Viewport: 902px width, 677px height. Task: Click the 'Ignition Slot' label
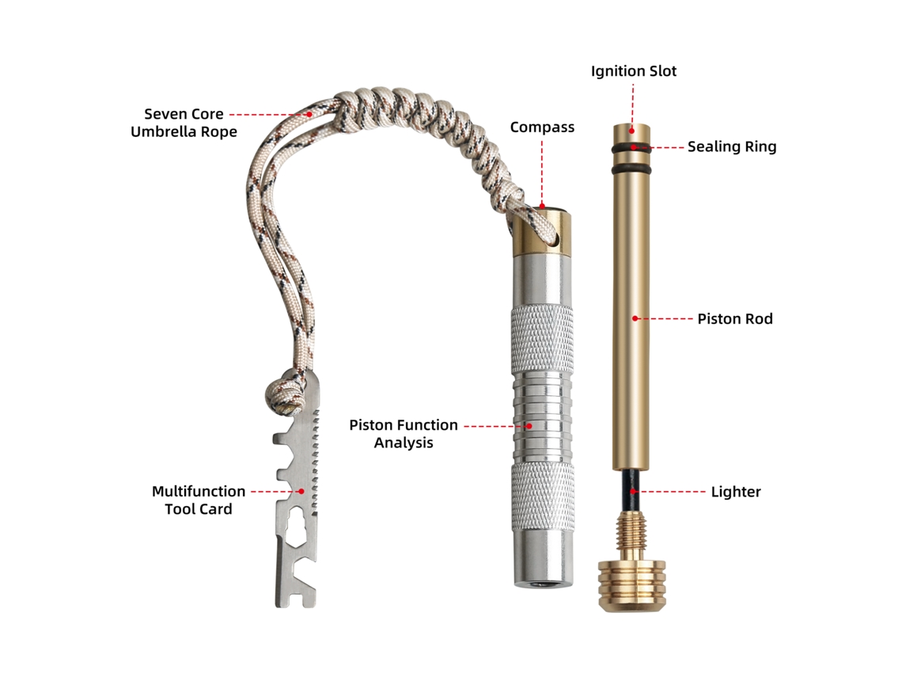click(x=633, y=71)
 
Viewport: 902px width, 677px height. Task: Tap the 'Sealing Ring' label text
click(x=732, y=146)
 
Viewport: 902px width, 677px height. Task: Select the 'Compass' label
click(x=542, y=127)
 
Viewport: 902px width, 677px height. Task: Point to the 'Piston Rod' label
click(x=734, y=319)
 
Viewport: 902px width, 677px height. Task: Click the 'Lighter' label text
click(x=736, y=493)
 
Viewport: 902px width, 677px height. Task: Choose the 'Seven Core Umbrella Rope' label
click(x=184, y=123)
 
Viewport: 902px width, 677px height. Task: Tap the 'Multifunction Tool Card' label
click(x=199, y=500)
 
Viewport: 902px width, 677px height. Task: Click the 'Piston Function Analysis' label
click(x=404, y=433)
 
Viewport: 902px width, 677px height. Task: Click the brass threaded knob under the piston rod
click(x=631, y=584)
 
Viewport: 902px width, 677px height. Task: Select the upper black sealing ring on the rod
click(x=631, y=148)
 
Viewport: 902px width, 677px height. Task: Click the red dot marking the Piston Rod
click(x=635, y=318)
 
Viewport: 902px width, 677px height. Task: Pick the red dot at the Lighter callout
click(x=633, y=492)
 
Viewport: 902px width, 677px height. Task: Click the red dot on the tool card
click(x=301, y=492)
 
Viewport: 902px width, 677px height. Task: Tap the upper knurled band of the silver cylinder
click(x=542, y=339)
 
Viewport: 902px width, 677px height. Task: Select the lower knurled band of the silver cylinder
click(x=543, y=496)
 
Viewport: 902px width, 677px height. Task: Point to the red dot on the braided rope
click(x=309, y=115)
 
